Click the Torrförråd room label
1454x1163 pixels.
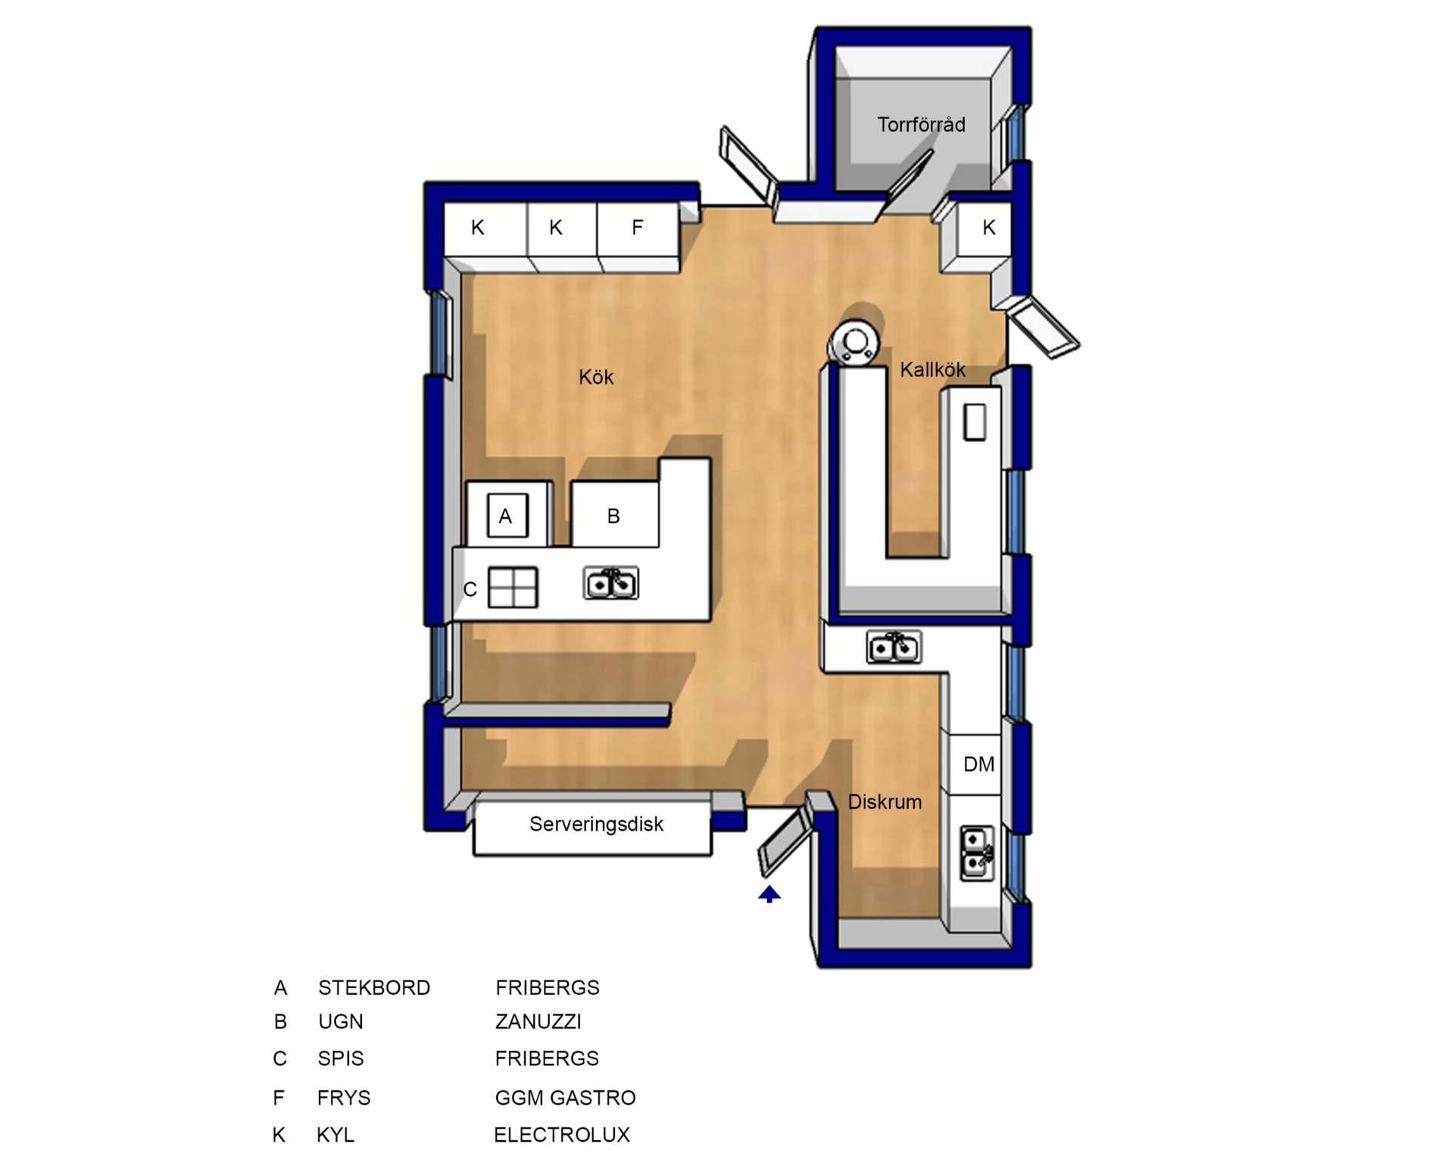(921, 125)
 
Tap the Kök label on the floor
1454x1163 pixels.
(596, 377)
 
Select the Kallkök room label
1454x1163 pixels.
(932, 369)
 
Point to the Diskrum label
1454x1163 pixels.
(885, 802)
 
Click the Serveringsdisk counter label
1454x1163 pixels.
(596, 824)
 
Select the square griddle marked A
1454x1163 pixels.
(507, 516)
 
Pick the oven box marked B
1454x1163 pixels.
(614, 514)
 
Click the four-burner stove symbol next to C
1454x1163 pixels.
(513, 588)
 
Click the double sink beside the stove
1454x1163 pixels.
(611, 583)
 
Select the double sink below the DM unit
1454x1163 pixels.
(977, 853)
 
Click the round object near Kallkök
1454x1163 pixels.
(855, 343)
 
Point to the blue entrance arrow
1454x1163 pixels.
(769, 894)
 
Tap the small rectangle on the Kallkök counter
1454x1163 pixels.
(975, 422)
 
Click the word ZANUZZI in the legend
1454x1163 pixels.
(538, 1022)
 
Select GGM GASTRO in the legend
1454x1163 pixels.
(565, 1098)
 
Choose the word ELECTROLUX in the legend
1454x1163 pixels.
(562, 1135)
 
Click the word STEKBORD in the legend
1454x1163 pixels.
(374, 988)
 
